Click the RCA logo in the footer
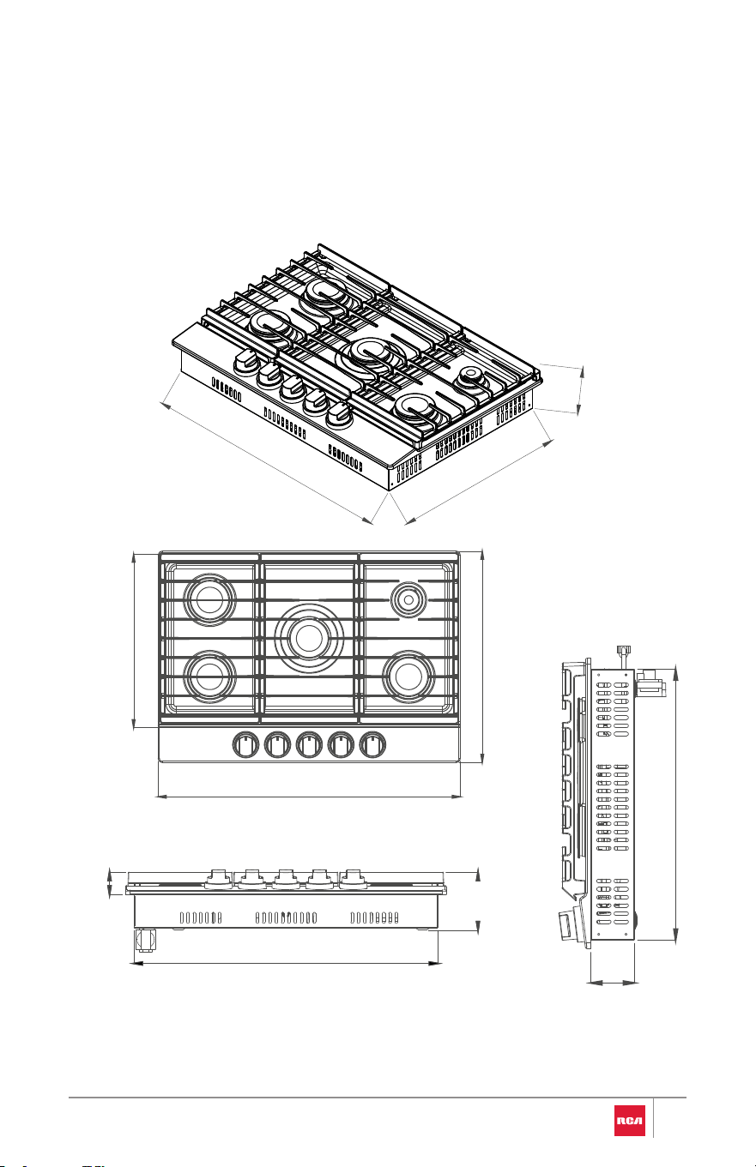629,1121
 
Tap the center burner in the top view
309,637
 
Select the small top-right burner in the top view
408,600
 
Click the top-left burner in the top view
209,599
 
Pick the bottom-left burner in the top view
209,677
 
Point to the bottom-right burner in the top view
408,677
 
